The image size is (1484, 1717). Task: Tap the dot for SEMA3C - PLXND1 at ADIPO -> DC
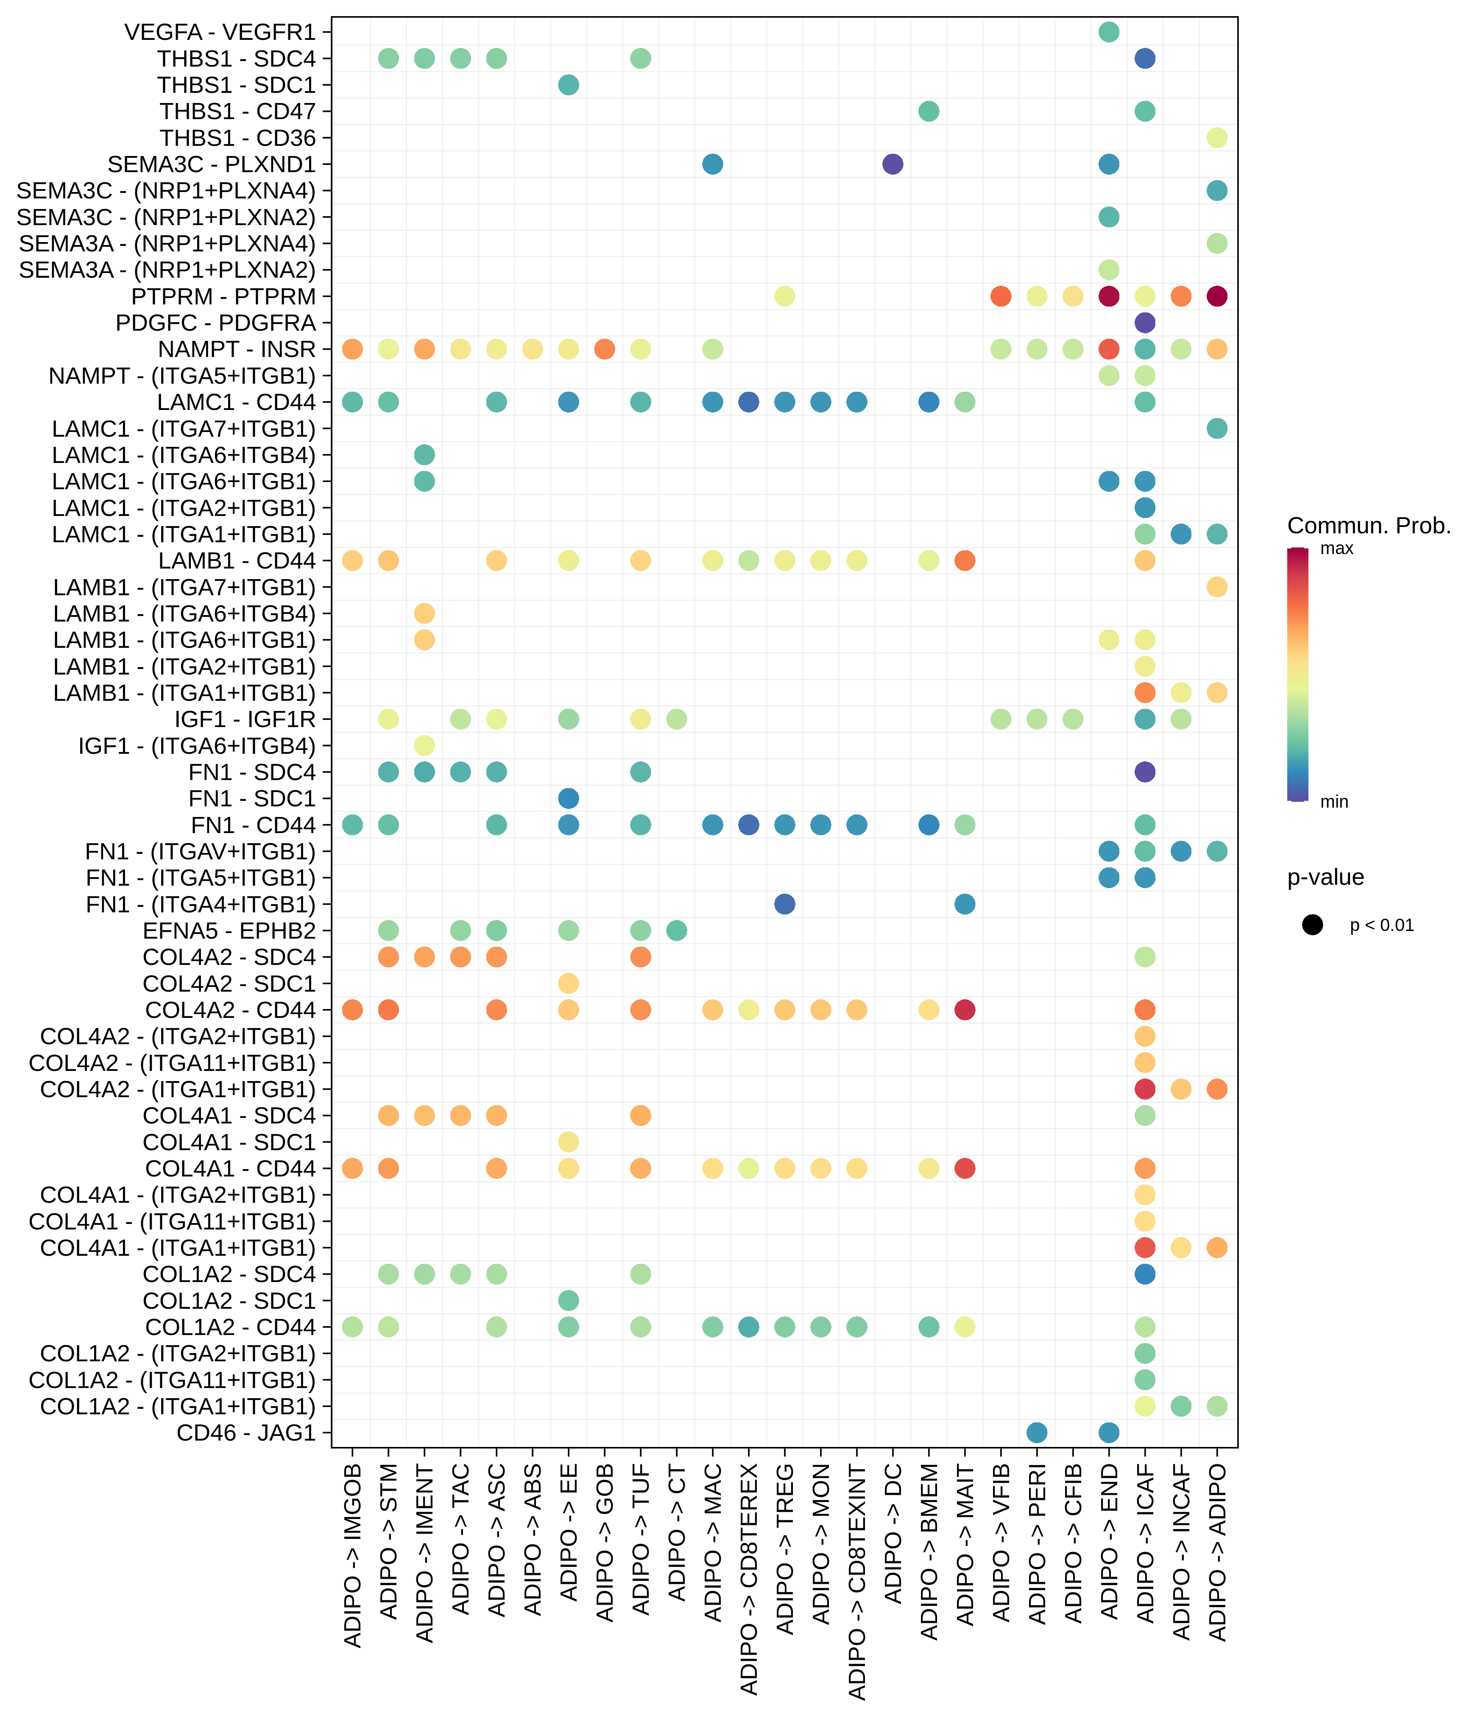(893, 164)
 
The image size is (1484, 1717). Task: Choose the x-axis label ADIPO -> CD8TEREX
(749, 1579)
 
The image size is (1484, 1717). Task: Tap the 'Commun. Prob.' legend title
(1369, 525)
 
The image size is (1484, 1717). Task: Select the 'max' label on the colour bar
(1336, 549)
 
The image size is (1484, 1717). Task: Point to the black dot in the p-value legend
(1312, 925)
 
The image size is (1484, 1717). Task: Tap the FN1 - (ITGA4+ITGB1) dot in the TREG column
(785, 904)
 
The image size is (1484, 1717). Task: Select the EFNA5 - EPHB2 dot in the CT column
(676, 931)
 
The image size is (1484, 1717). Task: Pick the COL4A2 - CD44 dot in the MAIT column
(965, 1009)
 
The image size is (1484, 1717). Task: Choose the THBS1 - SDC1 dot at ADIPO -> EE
(569, 84)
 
